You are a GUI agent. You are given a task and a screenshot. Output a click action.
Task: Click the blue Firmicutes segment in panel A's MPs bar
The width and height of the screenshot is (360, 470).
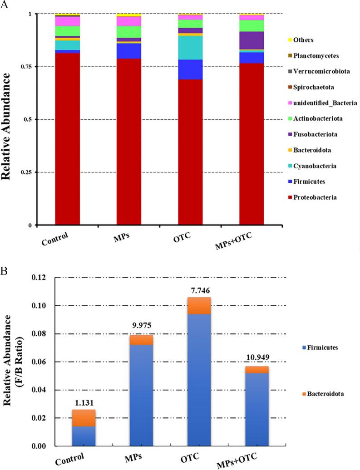click(129, 51)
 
